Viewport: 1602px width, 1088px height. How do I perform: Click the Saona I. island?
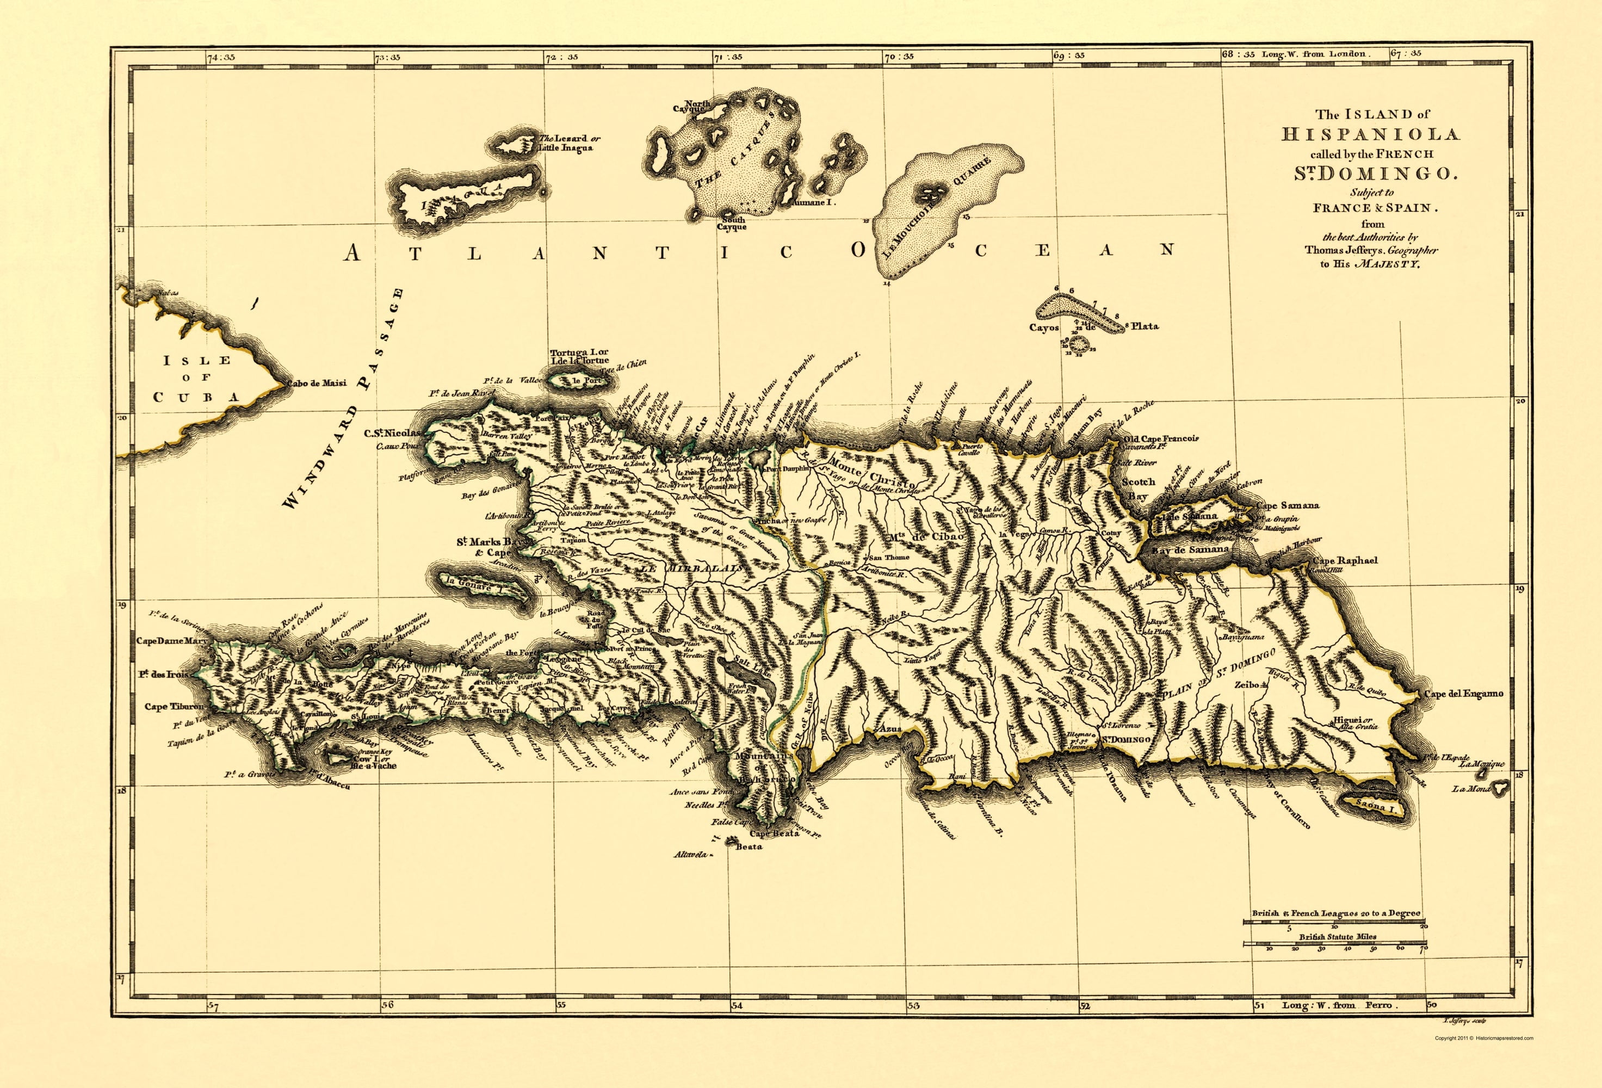point(1369,805)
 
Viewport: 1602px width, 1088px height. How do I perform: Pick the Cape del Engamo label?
point(1463,694)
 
